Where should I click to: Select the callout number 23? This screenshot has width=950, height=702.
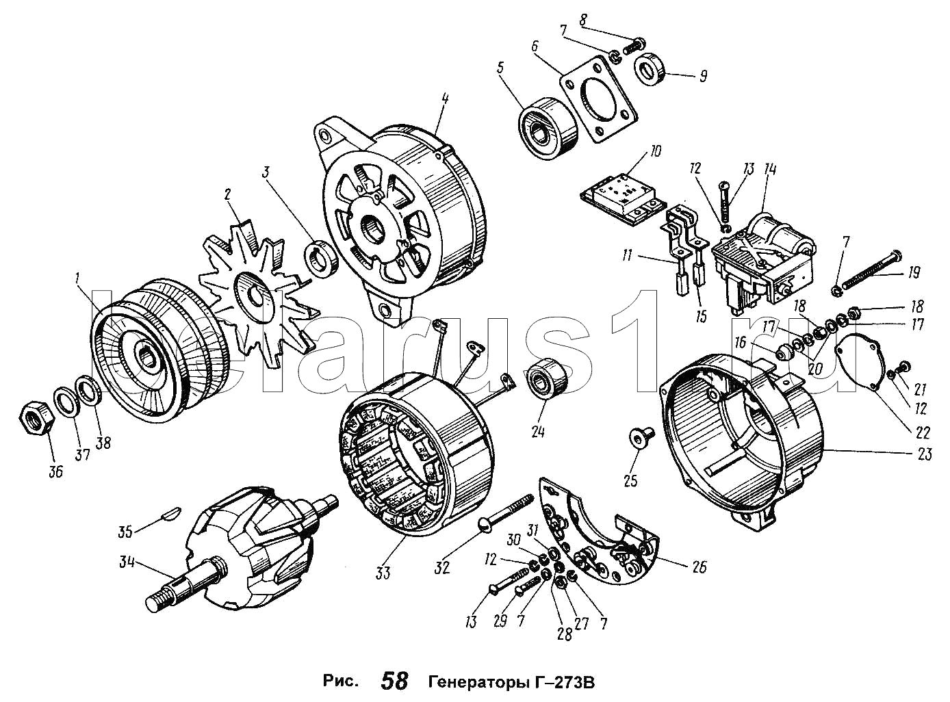click(x=925, y=454)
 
